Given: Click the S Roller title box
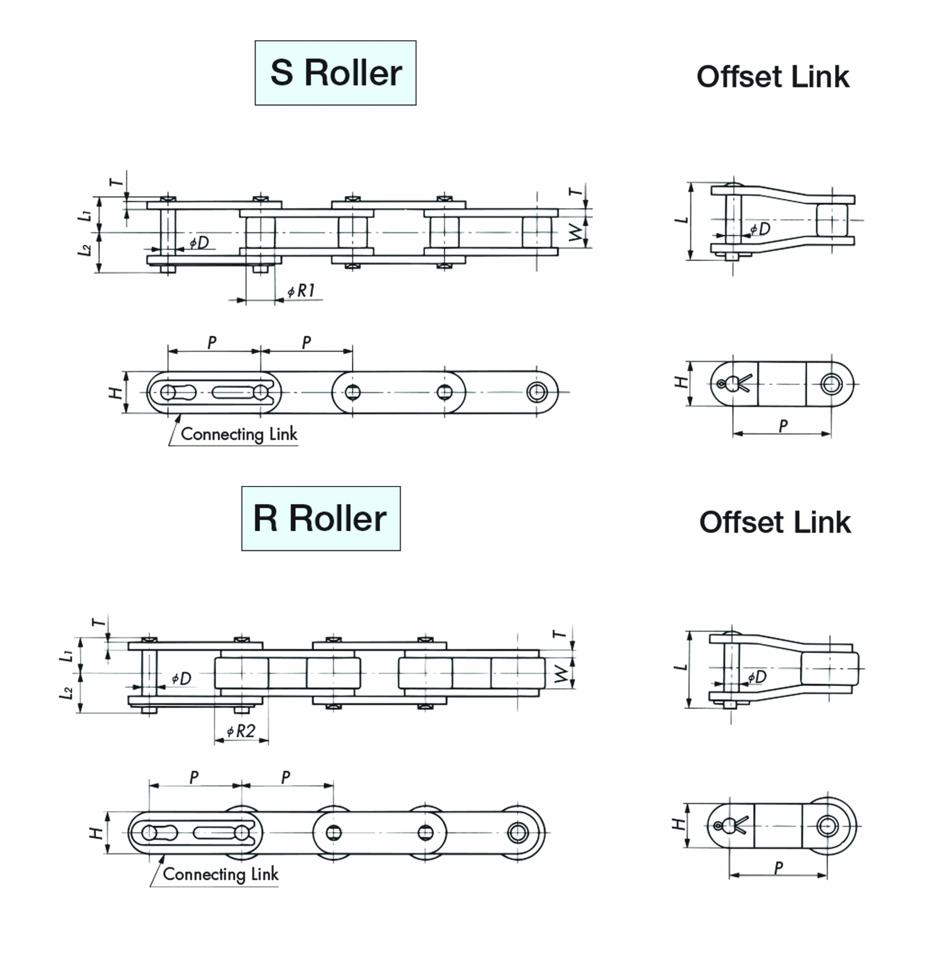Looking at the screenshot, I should (x=335, y=73).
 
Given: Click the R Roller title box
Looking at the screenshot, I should (x=320, y=518).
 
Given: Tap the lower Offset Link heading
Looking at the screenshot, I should (x=774, y=522).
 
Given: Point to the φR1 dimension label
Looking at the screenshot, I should (x=301, y=291).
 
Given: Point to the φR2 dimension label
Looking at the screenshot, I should (x=241, y=731).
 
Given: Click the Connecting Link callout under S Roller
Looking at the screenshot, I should (x=238, y=434).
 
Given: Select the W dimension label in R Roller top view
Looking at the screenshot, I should (x=561, y=674).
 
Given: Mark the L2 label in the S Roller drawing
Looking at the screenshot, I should (x=85, y=250).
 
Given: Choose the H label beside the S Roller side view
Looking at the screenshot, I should (x=115, y=393).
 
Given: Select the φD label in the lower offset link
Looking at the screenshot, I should (x=757, y=677).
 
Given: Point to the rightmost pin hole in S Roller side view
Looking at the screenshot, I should (x=536, y=392).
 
